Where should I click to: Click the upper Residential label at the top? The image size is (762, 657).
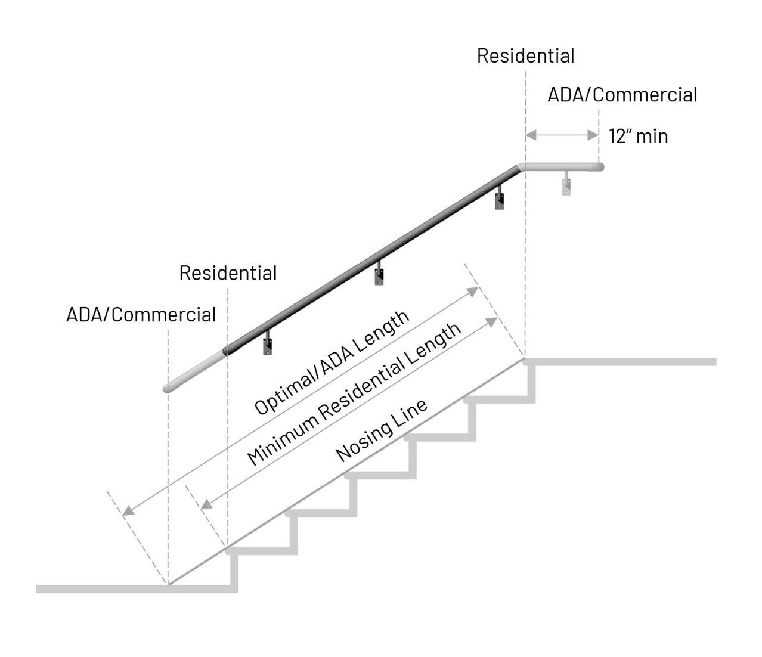525,56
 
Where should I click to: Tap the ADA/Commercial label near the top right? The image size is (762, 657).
622,95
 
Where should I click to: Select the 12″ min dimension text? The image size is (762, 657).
638,137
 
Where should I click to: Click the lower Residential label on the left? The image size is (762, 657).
228,273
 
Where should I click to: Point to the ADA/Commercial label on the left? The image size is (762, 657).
141,314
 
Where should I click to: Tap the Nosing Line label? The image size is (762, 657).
382,430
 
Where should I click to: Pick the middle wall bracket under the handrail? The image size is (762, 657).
379,275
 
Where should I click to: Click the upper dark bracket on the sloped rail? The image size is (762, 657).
500,199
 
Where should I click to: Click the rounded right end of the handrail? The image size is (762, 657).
600,167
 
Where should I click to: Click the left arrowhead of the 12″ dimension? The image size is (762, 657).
529,136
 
